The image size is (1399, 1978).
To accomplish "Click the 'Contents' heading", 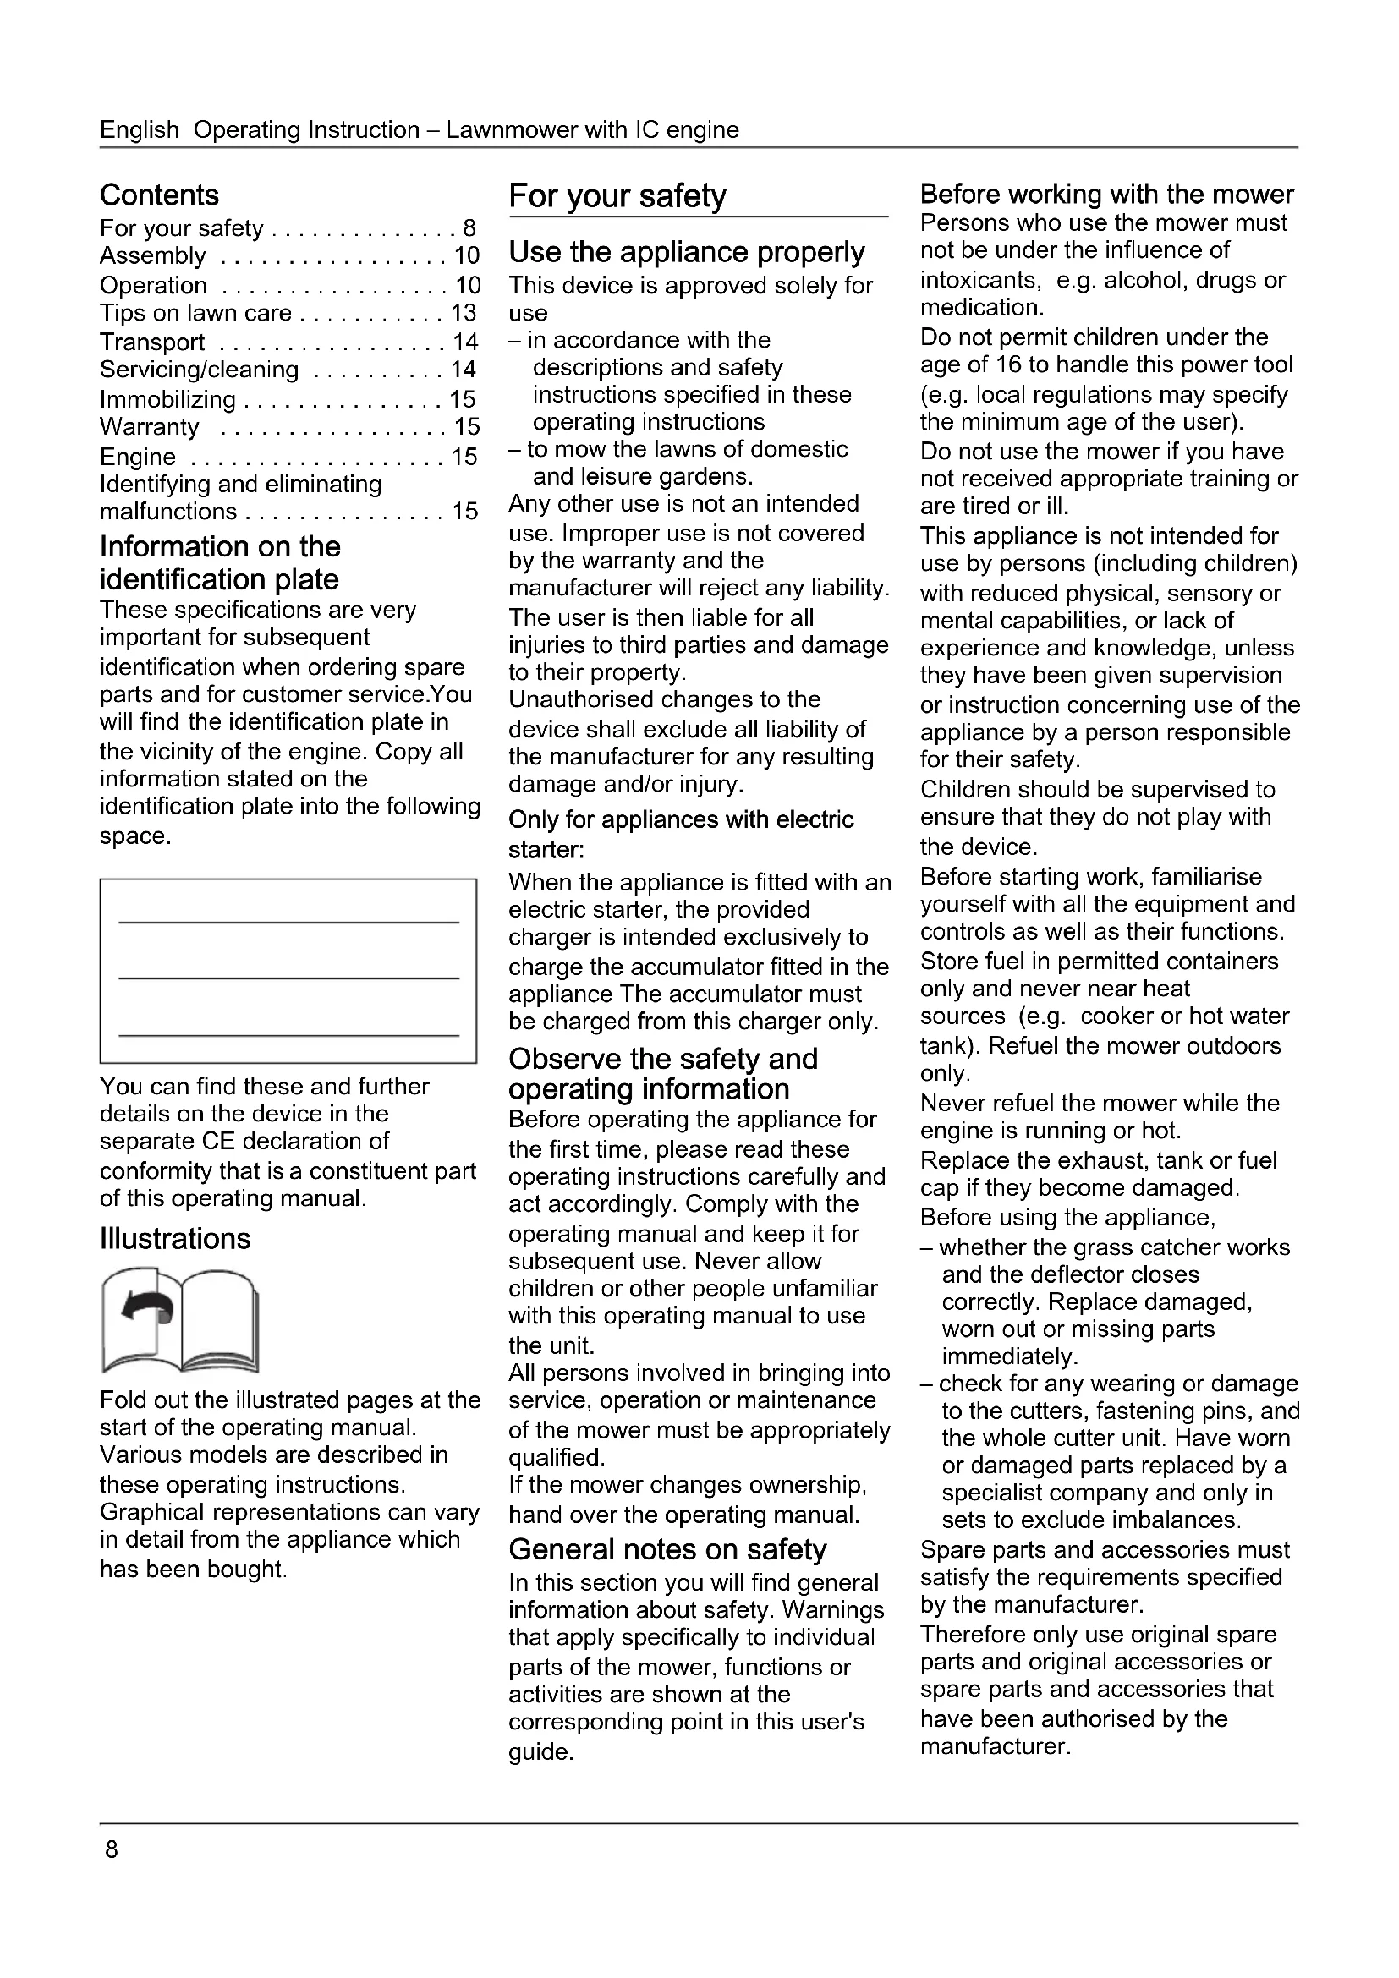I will pos(159,195).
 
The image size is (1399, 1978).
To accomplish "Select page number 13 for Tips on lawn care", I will pos(464,313).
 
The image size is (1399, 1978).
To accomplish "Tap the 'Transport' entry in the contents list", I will pos(152,342).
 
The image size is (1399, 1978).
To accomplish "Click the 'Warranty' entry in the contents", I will pos(149,426).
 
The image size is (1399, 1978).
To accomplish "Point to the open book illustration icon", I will pos(180,1320).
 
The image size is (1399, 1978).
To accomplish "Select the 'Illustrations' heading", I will pos(175,1238).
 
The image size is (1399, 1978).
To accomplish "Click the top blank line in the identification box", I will pos(288,922).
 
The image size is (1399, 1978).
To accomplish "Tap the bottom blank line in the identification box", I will pos(288,1034).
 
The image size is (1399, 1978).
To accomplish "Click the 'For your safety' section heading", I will pos(617,195).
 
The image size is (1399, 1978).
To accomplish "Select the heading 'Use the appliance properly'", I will pos(687,251).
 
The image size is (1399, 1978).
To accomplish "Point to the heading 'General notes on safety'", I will pos(667,1549).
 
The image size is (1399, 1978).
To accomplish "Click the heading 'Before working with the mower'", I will pos(1107,194).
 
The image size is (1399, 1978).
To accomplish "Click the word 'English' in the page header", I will pos(140,130).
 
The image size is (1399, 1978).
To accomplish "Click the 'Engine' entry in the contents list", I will pos(138,457).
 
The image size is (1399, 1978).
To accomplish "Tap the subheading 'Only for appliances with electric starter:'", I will pos(681,834).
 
